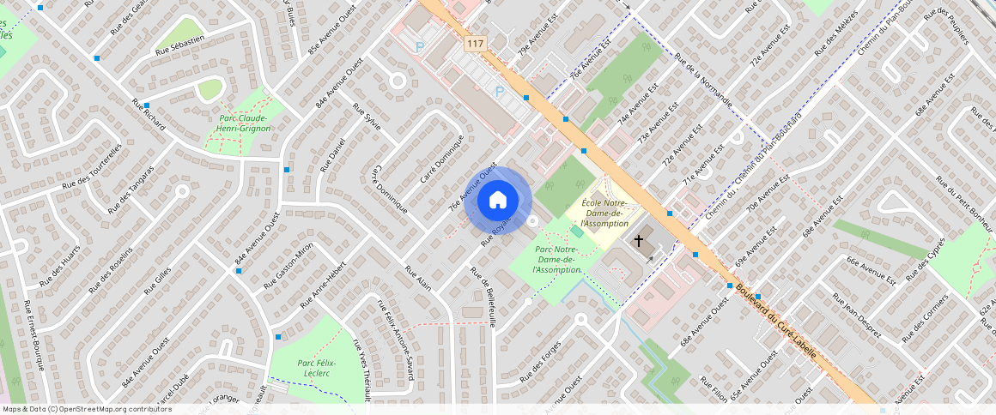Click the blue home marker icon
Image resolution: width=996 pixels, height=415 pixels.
click(x=497, y=201)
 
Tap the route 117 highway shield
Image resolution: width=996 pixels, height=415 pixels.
click(x=475, y=42)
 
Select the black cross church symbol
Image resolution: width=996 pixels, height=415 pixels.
click(x=638, y=242)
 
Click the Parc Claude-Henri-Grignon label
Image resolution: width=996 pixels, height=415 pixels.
click(x=244, y=123)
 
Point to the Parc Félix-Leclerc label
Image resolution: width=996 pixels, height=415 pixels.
click(x=317, y=368)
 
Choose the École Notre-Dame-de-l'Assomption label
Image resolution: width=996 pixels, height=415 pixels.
click(x=610, y=213)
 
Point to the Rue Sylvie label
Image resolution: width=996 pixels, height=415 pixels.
click(x=367, y=119)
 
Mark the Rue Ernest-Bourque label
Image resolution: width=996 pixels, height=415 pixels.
click(x=33, y=335)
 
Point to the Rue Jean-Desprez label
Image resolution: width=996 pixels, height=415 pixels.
click(x=856, y=317)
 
